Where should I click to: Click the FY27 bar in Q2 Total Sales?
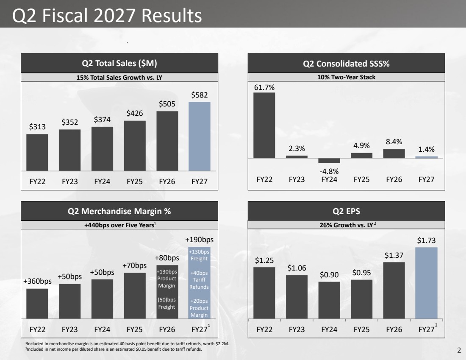click(200, 136)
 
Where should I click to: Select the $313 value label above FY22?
click(37, 127)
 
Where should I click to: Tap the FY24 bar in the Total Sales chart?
click(102, 149)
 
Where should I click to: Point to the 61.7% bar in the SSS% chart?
click(264, 125)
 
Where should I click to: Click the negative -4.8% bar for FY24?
click(329, 161)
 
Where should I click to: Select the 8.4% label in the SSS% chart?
click(394, 142)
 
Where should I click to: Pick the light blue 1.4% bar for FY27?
click(426, 157)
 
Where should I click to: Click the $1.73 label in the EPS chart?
click(426, 240)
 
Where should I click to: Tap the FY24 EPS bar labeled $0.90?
click(329, 300)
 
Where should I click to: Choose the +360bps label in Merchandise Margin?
click(37, 281)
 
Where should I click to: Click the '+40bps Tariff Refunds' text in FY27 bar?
click(199, 280)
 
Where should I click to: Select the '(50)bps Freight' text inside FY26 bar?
click(167, 303)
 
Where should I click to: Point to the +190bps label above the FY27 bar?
click(200, 240)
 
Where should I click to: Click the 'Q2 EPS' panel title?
click(346, 211)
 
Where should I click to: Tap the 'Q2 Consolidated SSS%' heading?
click(346, 64)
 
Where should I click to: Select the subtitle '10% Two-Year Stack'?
click(346, 77)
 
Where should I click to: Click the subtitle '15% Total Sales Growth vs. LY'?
click(119, 77)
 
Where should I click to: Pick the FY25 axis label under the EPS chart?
click(361, 329)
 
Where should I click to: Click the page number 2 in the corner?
click(459, 351)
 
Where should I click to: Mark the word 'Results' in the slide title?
click(172, 15)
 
